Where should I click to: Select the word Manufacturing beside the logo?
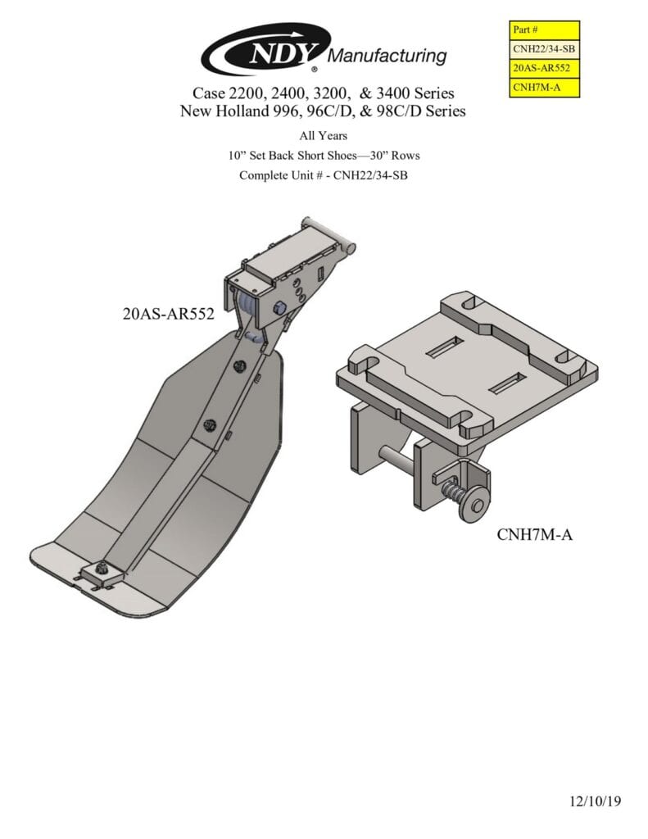coord(387,56)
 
